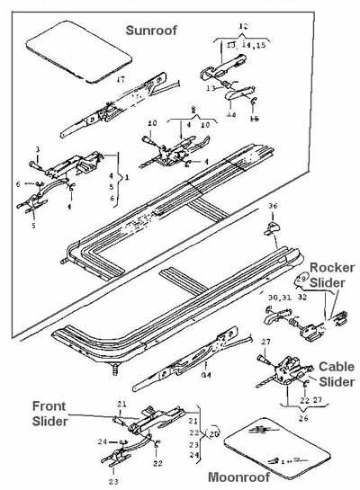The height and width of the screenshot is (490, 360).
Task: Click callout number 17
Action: tap(121, 81)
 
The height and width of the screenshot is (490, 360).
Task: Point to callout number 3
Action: tap(38, 148)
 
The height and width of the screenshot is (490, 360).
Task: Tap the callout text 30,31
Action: tap(278, 295)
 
